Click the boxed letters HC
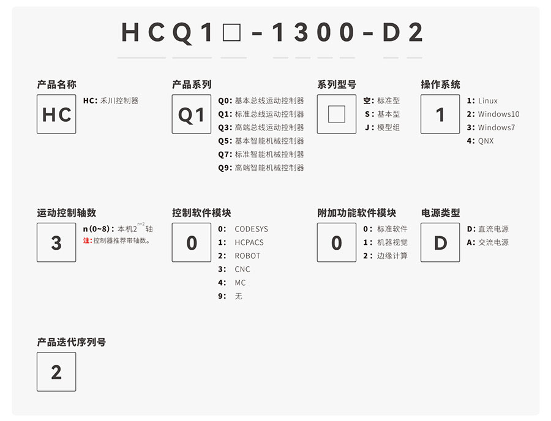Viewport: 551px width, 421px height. coord(56,114)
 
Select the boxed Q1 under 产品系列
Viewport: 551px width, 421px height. coord(192,114)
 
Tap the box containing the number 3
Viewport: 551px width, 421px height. coord(56,243)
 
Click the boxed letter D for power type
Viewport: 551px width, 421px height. coord(440,243)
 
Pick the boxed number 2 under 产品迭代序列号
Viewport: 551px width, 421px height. coord(56,372)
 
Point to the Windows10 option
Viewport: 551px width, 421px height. coord(498,114)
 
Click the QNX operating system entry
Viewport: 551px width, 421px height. coord(485,141)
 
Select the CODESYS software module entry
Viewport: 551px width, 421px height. coord(251,229)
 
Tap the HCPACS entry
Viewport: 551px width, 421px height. coord(249,243)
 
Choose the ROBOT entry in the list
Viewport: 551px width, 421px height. coord(247,256)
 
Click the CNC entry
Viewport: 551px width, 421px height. coord(242,270)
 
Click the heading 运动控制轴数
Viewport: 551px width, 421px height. coord(67,213)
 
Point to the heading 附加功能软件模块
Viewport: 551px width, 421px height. coord(357,213)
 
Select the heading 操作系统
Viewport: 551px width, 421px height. coord(440,84)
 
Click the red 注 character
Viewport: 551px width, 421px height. coord(86,241)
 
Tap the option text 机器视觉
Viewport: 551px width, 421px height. coord(392,243)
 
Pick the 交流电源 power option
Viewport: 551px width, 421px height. coord(493,243)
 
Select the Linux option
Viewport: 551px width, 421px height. coord(488,101)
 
